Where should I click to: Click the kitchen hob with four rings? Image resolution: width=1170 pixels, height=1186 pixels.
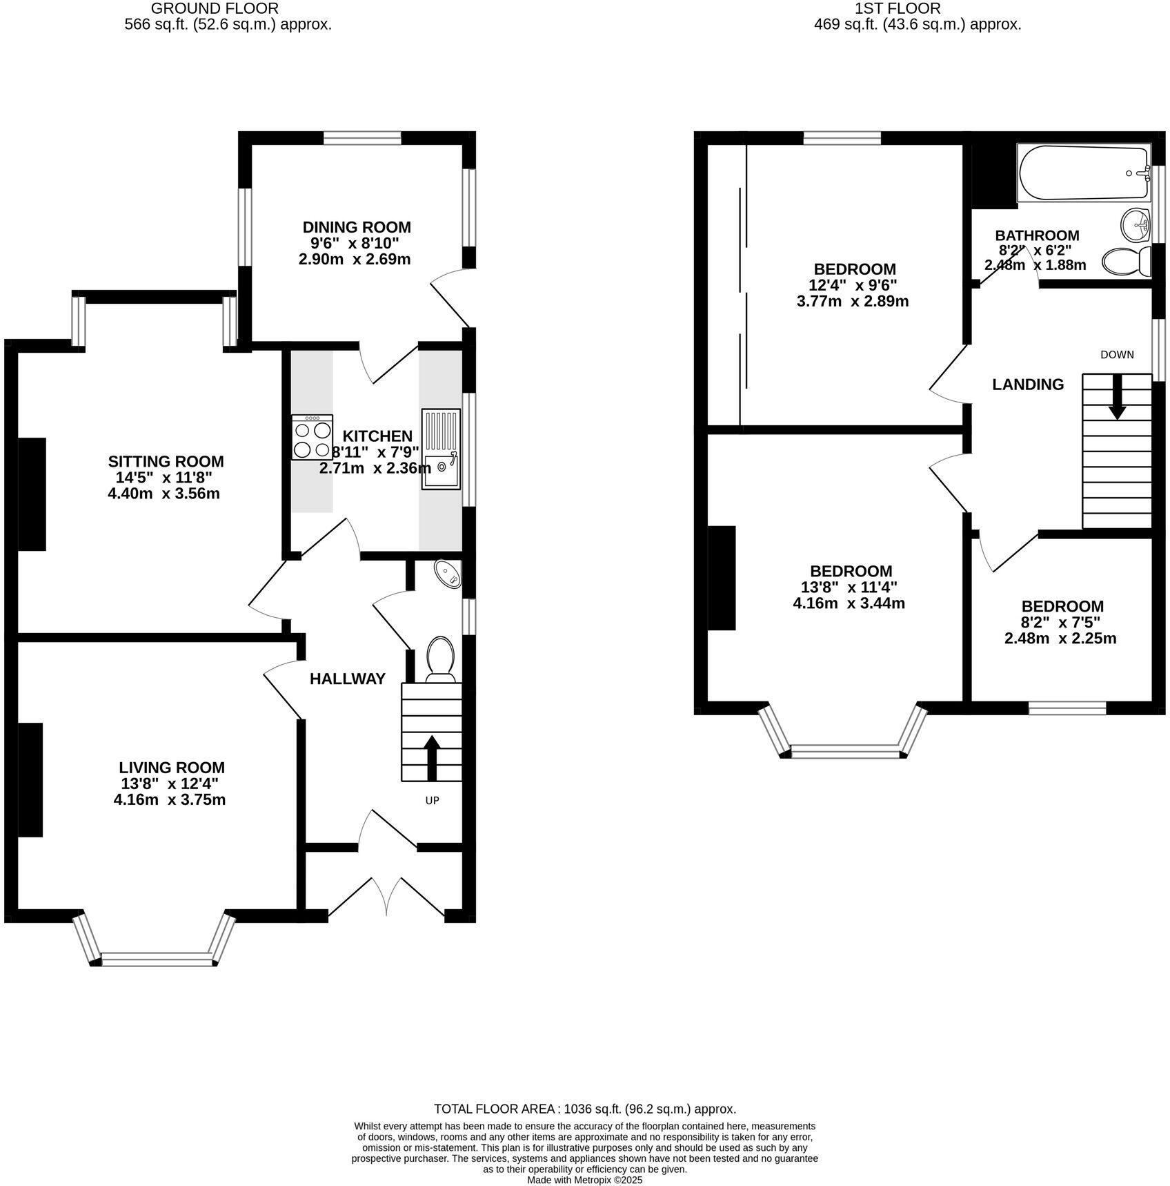tap(312, 437)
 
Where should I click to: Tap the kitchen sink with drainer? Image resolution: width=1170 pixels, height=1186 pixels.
tap(441, 449)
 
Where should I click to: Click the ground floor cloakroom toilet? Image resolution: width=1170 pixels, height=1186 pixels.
tap(440, 659)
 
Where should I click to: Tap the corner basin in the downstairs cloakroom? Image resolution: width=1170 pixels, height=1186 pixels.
tap(448, 574)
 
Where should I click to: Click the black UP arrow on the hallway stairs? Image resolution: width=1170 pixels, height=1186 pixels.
tap(432, 758)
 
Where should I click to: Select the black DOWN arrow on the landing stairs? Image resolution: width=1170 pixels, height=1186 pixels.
tap(1117, 396)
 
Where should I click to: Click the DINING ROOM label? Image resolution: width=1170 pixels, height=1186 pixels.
tap(357, 227)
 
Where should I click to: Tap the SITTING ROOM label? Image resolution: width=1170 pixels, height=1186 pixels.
tap(166, 461)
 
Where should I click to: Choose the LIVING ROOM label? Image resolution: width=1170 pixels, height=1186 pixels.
tap(172, 768)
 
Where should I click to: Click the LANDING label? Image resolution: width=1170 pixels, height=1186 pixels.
tap(1028, 385)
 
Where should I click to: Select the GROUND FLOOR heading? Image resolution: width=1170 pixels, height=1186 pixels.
tap(215, 8)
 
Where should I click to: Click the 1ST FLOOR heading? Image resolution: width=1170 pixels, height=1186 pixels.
tap(898, 8)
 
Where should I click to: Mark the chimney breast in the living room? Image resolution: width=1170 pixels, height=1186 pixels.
tap(30, 779)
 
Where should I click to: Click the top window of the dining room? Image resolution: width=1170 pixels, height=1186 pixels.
tap(362, 138)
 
